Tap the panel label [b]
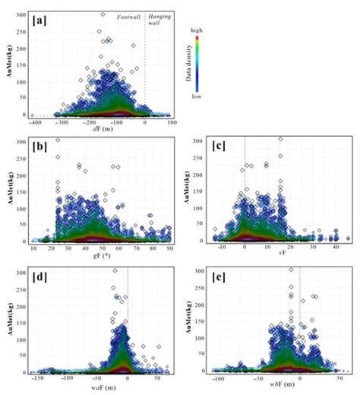[38, 147]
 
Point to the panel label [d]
[38, 274]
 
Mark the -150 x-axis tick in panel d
[38, 378]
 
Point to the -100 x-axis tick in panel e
[219, 378]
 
